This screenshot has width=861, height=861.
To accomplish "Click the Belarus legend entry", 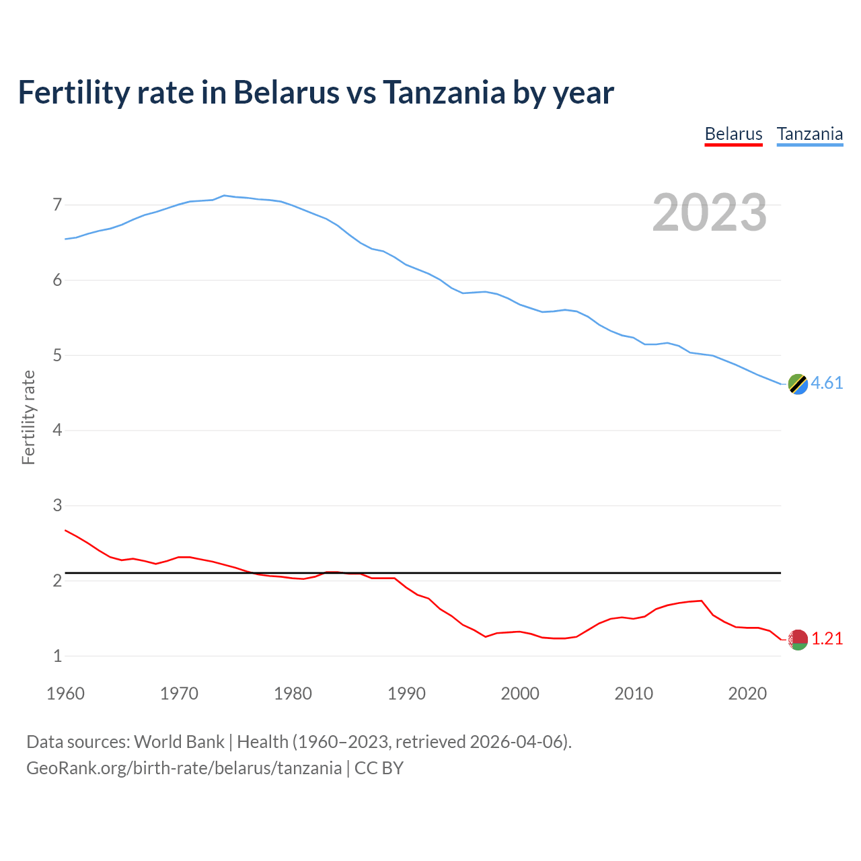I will [733, 134].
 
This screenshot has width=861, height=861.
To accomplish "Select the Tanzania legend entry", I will [809, 134].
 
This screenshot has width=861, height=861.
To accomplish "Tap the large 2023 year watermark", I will [710, 213].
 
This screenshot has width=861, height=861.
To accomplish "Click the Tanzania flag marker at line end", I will [798, 384].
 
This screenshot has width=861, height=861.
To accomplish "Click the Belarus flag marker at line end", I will [798, 640].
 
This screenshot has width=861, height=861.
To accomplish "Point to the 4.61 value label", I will [827, 383].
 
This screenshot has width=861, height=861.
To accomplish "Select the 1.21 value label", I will [827, 638].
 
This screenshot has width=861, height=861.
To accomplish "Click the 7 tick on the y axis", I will [57, 204].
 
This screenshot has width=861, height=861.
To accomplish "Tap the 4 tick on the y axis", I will [57, 430].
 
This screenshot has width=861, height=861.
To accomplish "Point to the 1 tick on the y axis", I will [57, 656].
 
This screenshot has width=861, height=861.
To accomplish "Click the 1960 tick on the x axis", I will [65, 694].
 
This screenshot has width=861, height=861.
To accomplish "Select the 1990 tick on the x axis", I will [406, 694].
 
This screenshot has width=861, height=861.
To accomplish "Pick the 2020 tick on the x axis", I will [747, 694].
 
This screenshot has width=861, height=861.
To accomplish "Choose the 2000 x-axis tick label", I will [520, 694].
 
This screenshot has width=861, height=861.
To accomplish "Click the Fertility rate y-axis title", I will [28, 417].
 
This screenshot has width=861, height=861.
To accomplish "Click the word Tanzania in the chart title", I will [444, 92].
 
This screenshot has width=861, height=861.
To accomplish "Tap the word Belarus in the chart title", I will [286, 92].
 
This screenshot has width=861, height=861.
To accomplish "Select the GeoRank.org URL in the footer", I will [184, 768].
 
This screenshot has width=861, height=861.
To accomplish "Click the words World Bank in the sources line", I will [179, 742].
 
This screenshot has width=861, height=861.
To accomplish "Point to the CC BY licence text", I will [379, 768].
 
